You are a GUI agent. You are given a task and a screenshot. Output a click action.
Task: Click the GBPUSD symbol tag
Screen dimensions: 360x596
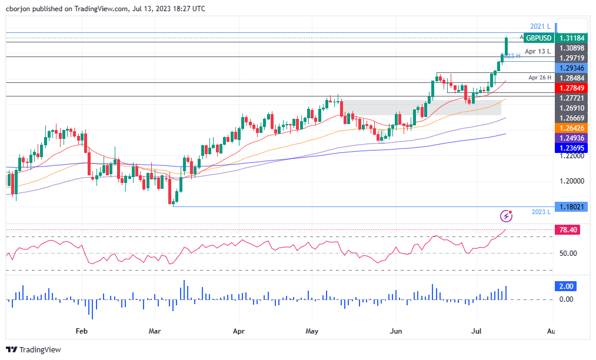click(x=539, y=38)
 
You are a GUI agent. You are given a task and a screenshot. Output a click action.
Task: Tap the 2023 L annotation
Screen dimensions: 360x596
click(x=541, y=211)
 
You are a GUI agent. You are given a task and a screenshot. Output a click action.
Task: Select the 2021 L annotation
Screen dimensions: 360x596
click(x=540, y=26)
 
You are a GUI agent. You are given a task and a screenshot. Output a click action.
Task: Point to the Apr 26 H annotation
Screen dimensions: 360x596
click(x=539, y=78)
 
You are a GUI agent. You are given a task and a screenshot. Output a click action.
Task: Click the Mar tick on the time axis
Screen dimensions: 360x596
click(x=155, y=332)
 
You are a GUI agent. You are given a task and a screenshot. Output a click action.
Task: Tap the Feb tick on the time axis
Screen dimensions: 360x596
click(x=82, y=332)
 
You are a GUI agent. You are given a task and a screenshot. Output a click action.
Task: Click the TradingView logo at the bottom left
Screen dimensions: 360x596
click(x=34, y=349)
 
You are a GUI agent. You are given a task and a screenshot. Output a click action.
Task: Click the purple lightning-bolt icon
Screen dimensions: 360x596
click(x=505, y=216)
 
